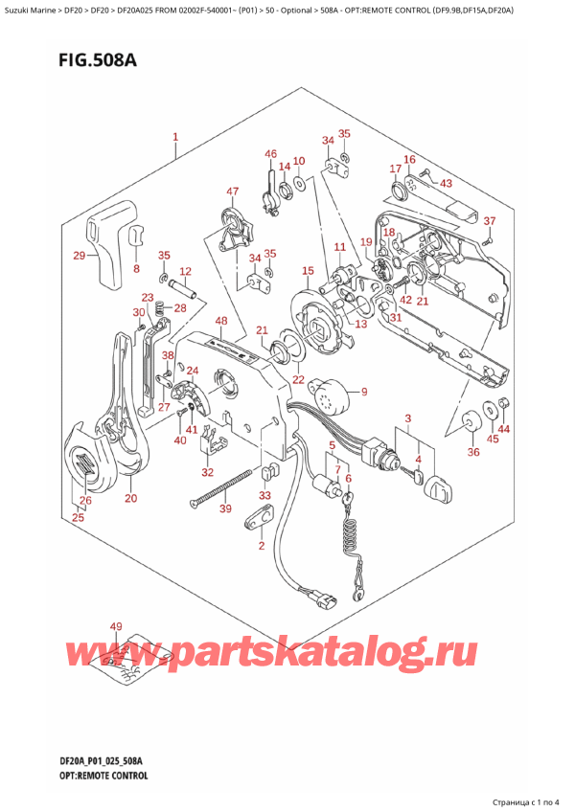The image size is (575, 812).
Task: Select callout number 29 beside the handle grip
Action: [x=79, y=256]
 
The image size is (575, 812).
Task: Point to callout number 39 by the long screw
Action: [x=225, y=509]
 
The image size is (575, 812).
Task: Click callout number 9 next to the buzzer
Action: [x=364, y=391]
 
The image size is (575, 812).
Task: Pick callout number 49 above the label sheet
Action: [x=116, y=627]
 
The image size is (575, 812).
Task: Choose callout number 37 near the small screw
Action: [x=489, y=221]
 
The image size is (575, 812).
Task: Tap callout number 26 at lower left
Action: [x=85, y=501]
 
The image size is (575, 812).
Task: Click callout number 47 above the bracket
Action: [x=232, y=192]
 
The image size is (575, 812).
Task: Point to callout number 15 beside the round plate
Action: [x=308, y=272]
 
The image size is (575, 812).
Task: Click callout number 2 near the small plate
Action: [x=260, y=546]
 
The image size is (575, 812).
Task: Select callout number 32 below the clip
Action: [x=208, y=472]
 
